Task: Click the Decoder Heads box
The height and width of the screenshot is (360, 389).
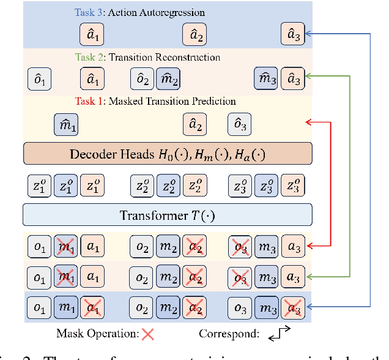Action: tap(167, 153)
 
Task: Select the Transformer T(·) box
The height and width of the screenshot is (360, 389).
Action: tap(167, 215)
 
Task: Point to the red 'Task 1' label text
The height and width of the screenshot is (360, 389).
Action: tap(90, 102)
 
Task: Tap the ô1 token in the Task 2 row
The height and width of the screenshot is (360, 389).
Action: tap(39, 80)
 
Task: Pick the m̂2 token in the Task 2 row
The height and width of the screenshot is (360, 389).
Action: tap(167, 80)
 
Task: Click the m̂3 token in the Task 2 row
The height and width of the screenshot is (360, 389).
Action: tap(265, 80)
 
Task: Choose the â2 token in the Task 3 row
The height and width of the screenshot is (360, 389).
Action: tap(194, 34)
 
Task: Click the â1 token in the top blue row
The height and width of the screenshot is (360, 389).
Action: tap(92, 34)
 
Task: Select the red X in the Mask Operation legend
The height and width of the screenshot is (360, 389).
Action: tap(147, 334)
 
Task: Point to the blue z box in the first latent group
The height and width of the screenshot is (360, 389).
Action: tap(65, 184)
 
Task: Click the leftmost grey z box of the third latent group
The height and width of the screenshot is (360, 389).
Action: tap(239, 184)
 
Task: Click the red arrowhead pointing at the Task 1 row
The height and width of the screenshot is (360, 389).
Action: tap(308, 124)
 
